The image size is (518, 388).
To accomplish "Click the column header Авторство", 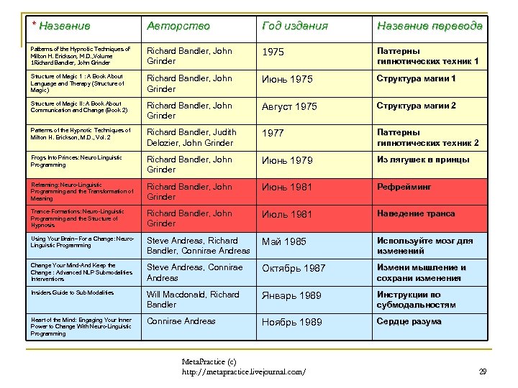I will coord(178,27).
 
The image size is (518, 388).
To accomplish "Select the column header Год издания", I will coord(294,27).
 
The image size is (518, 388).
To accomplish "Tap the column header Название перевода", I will coord(430,27).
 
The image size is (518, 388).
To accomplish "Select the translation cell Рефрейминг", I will coord(404,187).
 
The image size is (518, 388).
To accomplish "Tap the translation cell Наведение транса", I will coord(416,213).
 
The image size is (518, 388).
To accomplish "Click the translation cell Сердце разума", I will coord(410,321).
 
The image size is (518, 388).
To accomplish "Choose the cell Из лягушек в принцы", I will coord(423,160).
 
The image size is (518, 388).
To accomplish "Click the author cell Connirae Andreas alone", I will coord(181,321).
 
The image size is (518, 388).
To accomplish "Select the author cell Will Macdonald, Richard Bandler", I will coord(194,300).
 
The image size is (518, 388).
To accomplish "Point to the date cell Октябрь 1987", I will coord(294,268).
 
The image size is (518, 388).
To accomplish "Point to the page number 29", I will coord(482,371).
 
